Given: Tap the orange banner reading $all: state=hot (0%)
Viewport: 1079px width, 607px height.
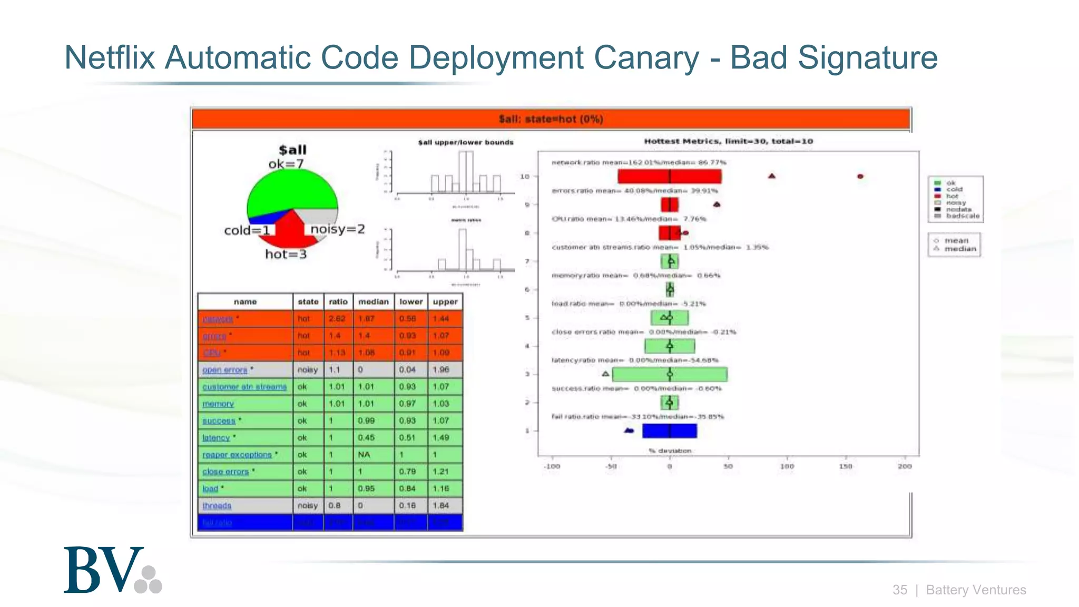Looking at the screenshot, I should tap(551, 119).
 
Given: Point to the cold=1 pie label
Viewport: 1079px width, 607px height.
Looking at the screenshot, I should tap(247, 230).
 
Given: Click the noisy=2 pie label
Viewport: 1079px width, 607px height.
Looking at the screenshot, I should tap(337, 229).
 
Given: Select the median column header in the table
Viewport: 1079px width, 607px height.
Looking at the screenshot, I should tap(373, 301).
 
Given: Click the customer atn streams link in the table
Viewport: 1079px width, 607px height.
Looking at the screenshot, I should tap(244, 387).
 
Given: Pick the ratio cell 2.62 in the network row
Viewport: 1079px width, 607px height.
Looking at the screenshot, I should tap(337, 319).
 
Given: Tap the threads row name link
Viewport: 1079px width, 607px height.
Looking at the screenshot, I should tap(217, 506).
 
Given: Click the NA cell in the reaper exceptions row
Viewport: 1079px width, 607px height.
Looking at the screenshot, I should tap(364, 455).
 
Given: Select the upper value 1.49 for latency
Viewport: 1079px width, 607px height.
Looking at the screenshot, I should tap(440, 438).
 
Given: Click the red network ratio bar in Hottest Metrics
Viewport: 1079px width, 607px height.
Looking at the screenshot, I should tap(669, 177).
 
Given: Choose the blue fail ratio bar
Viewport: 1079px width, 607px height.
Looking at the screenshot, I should tap(669, 431).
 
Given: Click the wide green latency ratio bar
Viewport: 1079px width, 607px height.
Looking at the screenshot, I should tap(669, 375).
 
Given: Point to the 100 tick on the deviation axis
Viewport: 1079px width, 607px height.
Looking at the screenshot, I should tap(787, 466).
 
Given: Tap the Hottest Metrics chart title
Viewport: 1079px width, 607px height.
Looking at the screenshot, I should tap(728, 141).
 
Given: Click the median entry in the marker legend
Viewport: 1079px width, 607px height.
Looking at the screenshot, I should tap(959, 249).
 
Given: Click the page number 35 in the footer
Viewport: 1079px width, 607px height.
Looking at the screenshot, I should tap(899, 590).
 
